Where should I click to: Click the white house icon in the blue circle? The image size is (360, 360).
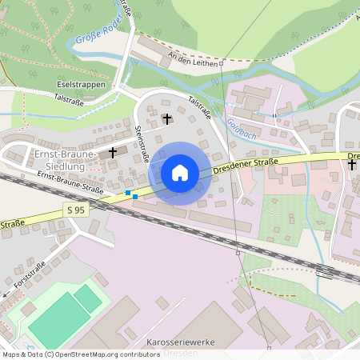(x=180, y=173)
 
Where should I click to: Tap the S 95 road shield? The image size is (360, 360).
(x=76, y=210)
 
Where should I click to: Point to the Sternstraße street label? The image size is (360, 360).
(x=142, y=144)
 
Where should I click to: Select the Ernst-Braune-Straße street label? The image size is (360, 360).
(x=70, y=184)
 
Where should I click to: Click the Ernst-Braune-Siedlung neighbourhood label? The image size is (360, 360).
(x=65, y=159)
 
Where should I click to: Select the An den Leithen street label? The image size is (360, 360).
(x=193, y=61)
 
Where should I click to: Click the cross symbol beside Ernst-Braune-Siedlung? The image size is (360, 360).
(x=113, y=151)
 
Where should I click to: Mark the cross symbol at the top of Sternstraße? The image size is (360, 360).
(x=166, y=119)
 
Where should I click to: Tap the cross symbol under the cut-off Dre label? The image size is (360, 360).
(x=352, y=165)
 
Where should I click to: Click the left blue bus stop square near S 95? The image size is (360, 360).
(x=128, y=193)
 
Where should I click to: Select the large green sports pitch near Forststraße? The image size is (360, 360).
(x=60, y=325)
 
